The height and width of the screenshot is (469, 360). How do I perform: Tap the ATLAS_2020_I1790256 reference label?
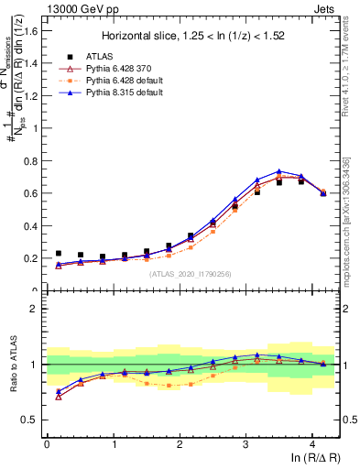191,273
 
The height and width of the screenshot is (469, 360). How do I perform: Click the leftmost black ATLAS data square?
59,253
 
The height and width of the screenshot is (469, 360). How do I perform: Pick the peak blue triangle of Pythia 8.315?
279,171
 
